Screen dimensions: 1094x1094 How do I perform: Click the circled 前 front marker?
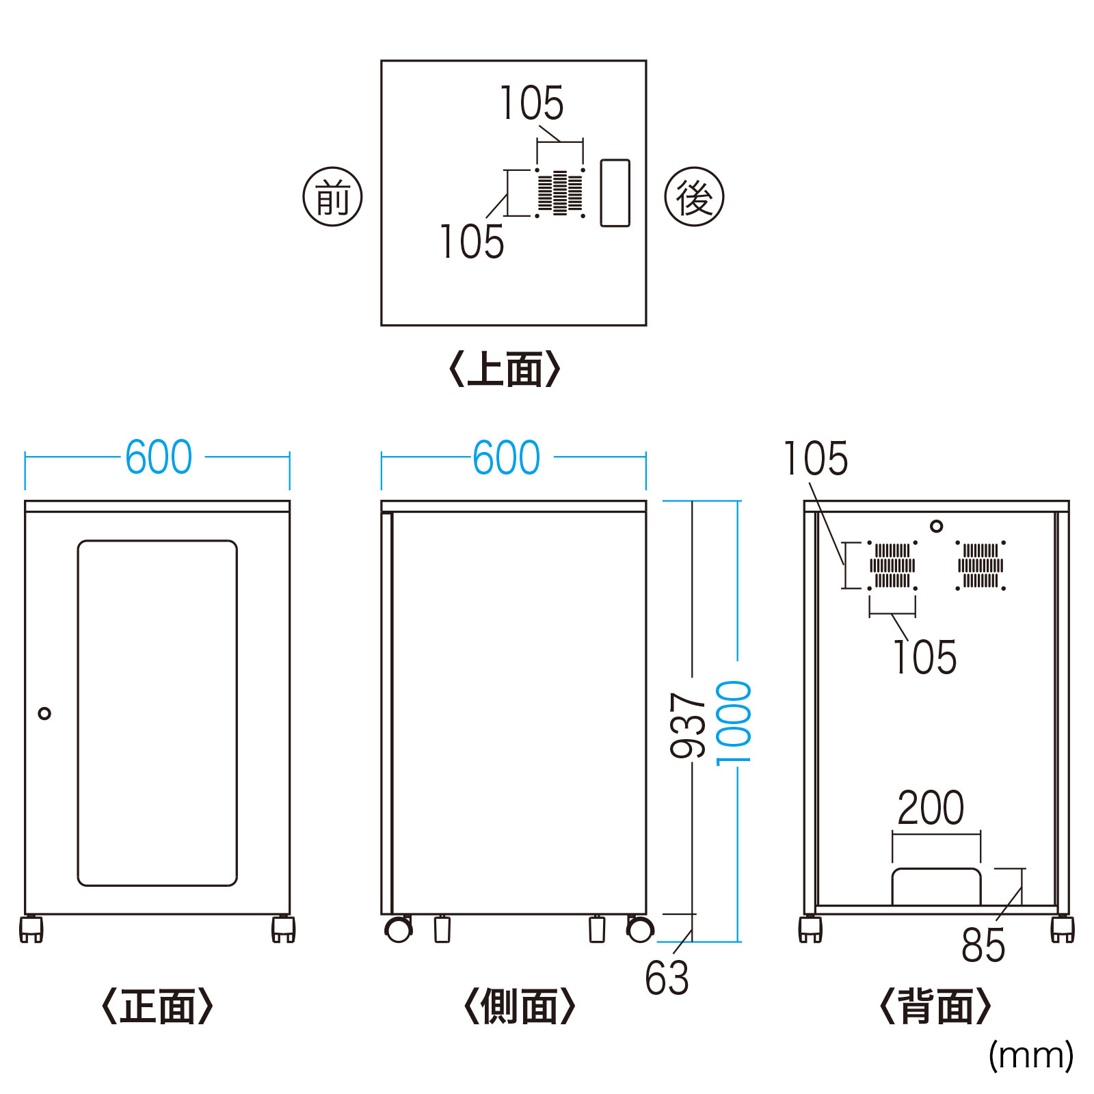(332, 197)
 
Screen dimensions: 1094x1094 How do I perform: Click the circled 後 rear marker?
(694, 197)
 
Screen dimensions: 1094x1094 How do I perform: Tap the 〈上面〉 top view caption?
(505, 369)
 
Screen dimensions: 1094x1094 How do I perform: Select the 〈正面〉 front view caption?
(157, 1006)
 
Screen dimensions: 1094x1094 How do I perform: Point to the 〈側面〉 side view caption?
(520, 1006)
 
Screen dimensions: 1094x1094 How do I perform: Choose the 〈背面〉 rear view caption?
(935, 1006)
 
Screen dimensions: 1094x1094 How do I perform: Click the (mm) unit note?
(1030, 1055)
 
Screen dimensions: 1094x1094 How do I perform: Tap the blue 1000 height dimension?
(734, 723)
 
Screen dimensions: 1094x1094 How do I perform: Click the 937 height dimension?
(688, 725)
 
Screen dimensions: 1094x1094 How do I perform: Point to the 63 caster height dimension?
(667, 978)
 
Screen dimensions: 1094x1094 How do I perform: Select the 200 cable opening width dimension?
(931, 808)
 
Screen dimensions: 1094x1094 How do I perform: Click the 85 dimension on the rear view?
(983, 946)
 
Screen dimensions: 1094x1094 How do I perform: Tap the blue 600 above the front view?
(159, 457)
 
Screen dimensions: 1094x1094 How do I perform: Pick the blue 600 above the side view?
(507, 457)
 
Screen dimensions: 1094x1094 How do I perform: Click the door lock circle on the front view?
(44, 714)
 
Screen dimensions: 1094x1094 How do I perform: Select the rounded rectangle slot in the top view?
(615, 193)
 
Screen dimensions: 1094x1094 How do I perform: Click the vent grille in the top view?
(560, 193)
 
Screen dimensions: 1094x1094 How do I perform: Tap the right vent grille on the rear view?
(980, 565)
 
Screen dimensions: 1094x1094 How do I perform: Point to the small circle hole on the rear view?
(937, 526)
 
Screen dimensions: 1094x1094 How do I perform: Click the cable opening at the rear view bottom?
(937, 888)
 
